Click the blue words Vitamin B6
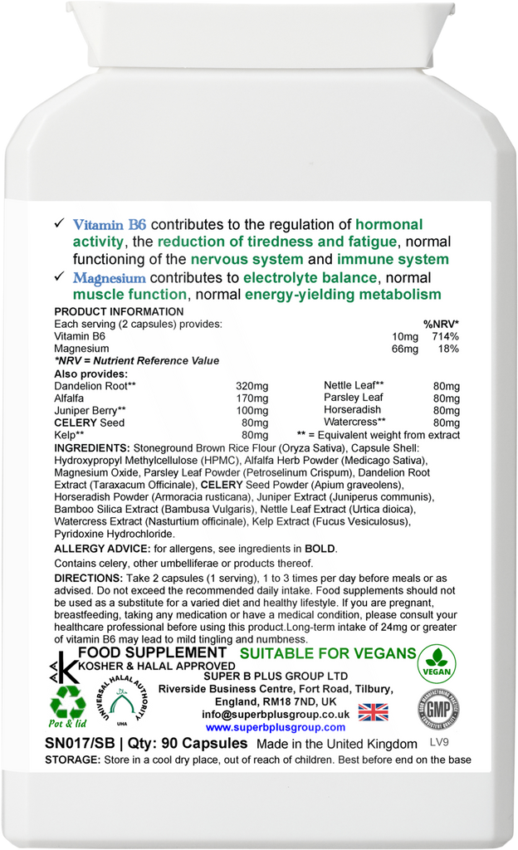pyautogui.click(x=110, y=224)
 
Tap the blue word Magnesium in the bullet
pyautogui.click(x=110, y=277)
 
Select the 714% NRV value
pyautogui.click(x=442, y=336)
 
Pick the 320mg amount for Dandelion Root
pyautogui.click(x=252, y=386)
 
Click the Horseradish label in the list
pyautogui.click(x=352, y=410)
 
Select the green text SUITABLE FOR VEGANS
pyautogui.click(x=327, y=653)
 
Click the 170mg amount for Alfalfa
pyautogui.click(x=252, y=398)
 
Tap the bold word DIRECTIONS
pyautogui.click(x=87, y=578)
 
